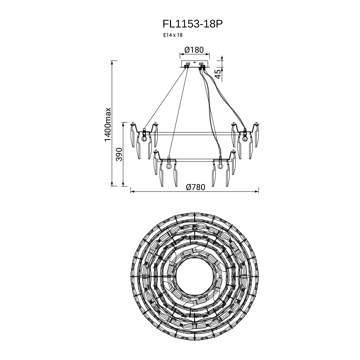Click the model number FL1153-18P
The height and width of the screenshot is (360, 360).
point(193,24)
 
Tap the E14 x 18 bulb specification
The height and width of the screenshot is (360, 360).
point(173,35)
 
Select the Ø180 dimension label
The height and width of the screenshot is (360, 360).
point(194,50)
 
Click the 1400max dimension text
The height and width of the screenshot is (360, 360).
point(108,125)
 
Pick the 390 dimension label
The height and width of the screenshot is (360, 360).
point(119,154)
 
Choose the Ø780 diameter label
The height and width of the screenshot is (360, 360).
point(196,187)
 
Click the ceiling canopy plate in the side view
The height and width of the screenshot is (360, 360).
point(194,64)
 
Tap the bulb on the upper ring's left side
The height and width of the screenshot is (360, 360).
point(144,138)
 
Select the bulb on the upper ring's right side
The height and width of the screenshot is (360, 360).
point(245,138)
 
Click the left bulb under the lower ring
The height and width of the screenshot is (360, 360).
point(169,166)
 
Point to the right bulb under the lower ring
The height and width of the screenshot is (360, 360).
point(220,166)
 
